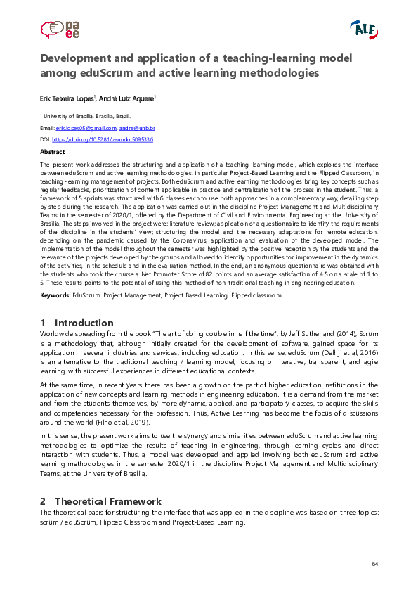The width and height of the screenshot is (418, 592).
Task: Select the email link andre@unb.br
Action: coord(137,129)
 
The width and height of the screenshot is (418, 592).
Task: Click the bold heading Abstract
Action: coord(53,152)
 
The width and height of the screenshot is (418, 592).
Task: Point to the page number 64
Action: coord(375,565)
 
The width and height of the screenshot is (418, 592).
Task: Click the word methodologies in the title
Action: coord(278,72)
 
